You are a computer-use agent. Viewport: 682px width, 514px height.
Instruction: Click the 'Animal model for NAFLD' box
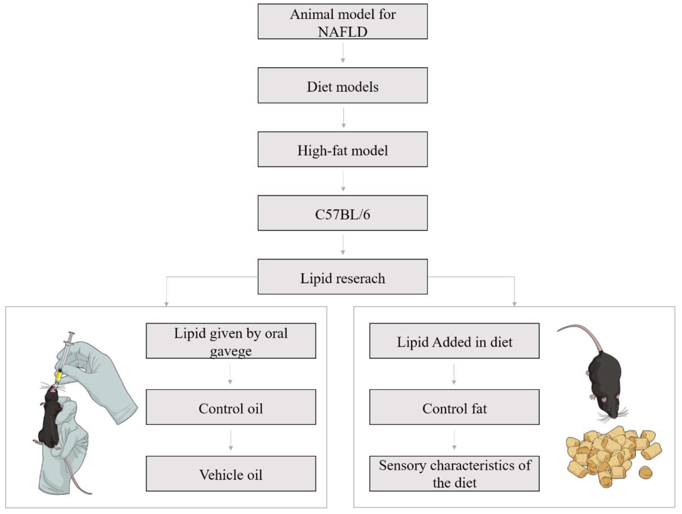pos(343,21)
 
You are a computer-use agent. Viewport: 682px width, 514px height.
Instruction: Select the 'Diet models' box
pos(343,85)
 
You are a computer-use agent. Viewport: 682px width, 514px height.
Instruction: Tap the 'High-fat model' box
pos(343,150)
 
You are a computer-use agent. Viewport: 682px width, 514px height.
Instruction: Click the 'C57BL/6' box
pos(343,213)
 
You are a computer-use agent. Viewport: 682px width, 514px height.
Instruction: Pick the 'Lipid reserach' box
pos(343,277)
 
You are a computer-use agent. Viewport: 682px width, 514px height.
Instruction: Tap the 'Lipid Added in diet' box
pos(454,341)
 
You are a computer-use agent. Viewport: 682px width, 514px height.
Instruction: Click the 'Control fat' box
pos(454,407)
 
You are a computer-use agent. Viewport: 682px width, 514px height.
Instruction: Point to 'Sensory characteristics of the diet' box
pos(454,474)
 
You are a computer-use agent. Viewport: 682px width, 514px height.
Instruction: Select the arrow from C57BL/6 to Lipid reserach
pos(343,245)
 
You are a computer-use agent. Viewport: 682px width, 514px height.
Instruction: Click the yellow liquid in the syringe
pos(58,376)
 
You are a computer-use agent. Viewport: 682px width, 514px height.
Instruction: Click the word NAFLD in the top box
pos(343,32)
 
